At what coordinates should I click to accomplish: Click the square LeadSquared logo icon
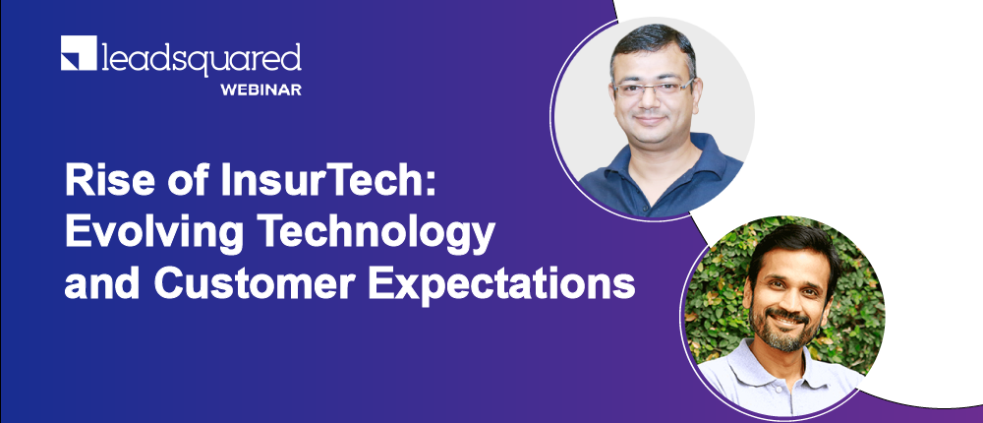pos(79,53)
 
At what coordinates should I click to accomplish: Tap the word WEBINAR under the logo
pos(260,90)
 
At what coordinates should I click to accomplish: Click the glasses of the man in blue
pos(654,87)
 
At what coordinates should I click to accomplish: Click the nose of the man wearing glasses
pos(650,100)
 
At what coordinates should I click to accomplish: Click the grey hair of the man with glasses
pos(652,45)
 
